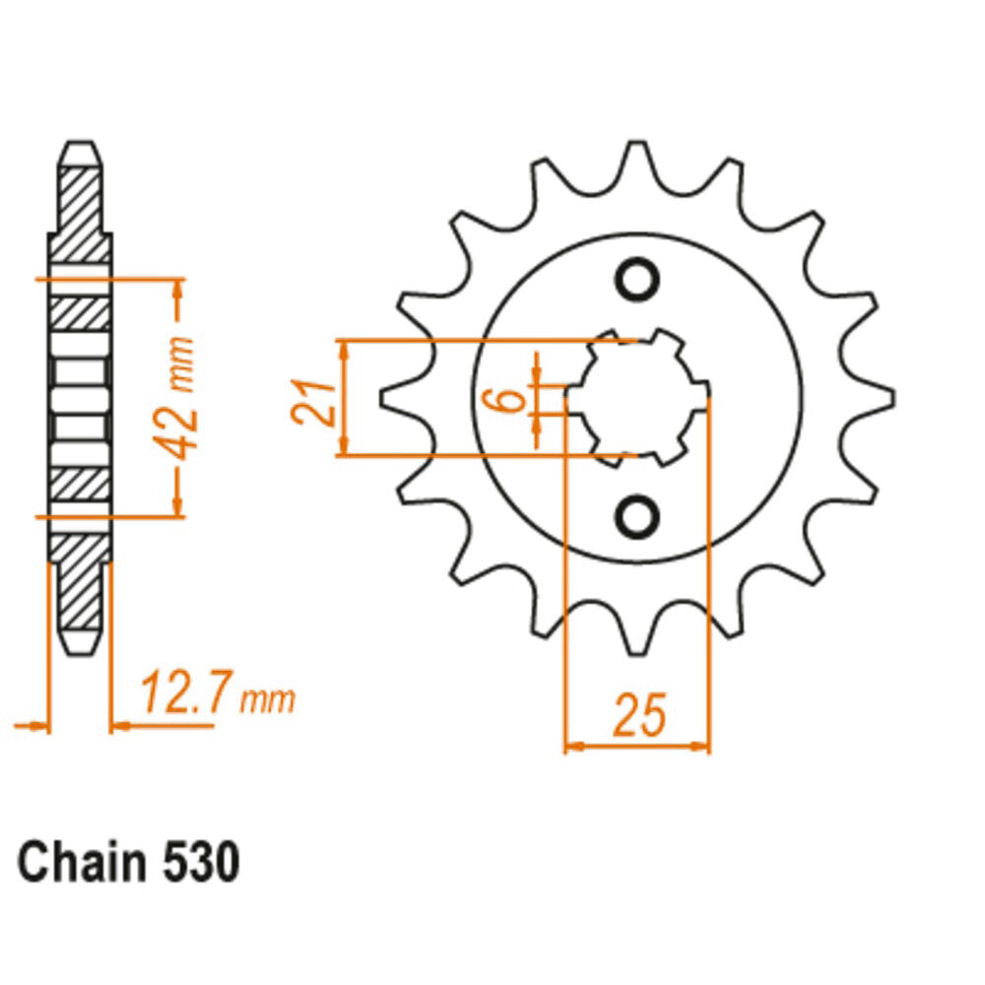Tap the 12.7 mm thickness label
point(218,692)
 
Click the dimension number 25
point(639,715)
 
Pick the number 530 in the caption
point(201,863)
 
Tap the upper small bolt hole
point(637,279)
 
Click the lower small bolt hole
point(637,516)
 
